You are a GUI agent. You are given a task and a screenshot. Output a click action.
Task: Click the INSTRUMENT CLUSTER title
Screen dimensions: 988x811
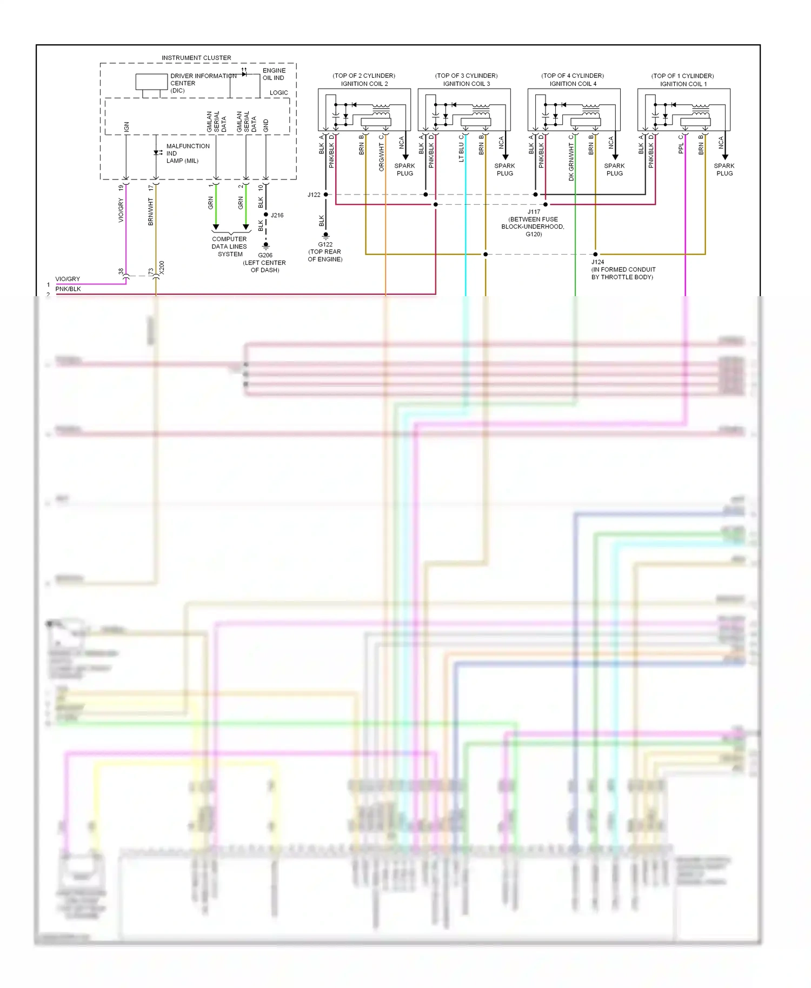[x=196, y=58]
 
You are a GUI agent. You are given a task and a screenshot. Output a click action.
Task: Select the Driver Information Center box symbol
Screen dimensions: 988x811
[x=151, y=82]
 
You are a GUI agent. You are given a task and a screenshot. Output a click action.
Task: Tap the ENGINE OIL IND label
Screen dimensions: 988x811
[x=274, y=74]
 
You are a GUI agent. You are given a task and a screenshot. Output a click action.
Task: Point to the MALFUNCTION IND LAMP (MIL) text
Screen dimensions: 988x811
[x=187, y=153]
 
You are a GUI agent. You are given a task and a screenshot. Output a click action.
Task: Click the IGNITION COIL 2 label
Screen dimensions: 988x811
[x=364, y=84]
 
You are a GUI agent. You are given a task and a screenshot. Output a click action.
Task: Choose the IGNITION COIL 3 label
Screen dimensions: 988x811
[x=466, y=84]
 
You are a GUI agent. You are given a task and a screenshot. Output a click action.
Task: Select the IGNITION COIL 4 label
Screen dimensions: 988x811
[x=573, y=84]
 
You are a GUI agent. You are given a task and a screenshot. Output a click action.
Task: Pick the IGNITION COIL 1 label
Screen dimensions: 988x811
[x=683, y=84]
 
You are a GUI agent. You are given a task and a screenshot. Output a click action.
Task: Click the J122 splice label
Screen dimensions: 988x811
[x=314, y=195]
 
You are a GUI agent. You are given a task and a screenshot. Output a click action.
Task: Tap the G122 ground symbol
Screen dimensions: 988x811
[x=325, y=236]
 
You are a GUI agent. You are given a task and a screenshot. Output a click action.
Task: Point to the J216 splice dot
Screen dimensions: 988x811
[x=266, y=215]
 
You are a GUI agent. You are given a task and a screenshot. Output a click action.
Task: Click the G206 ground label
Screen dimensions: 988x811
[x=265, y=255]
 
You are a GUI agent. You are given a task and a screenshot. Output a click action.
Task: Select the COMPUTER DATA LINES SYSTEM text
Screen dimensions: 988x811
[x=229, y=246]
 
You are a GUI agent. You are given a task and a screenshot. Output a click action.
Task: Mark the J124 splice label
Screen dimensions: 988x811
[x=597, y=262]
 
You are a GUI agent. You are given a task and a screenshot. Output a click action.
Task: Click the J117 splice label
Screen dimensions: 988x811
[x=534, y=212]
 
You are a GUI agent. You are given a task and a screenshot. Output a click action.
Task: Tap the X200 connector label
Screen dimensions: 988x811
[x=162, y=268]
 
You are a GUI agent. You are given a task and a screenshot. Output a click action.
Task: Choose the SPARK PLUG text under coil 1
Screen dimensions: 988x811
[x=724, y=170]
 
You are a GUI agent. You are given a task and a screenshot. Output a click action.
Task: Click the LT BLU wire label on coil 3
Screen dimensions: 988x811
[x=461, y=152]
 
